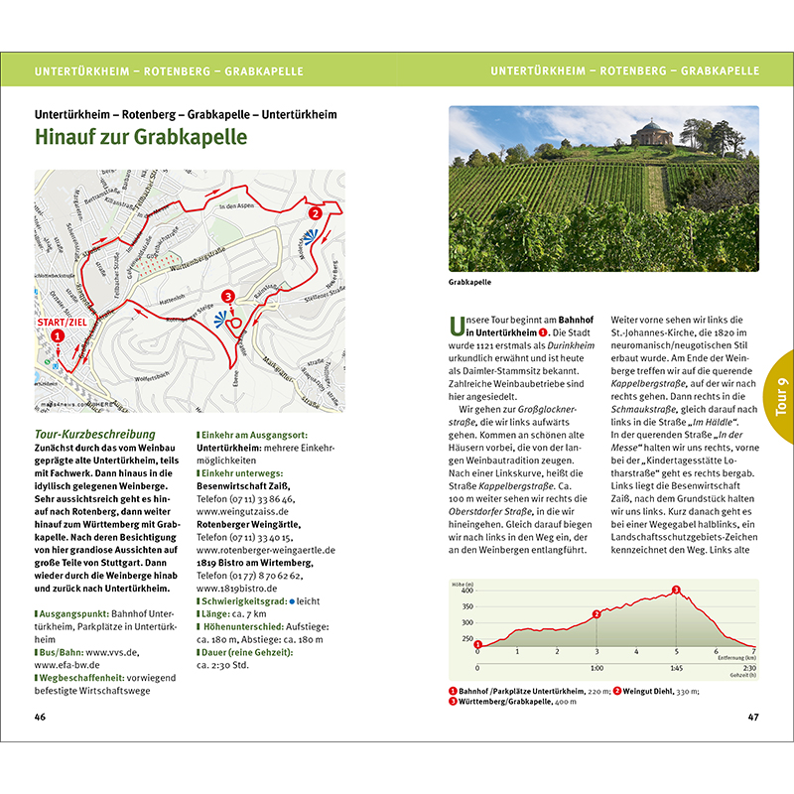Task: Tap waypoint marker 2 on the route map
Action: pyautogui.click(x=315, y=212)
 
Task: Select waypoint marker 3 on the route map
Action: pyautogui.click(x=228, y=296)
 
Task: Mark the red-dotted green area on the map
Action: pyautogui.click(x=151, y=263)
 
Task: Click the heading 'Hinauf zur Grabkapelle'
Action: pyautogui.click(x=141, y=136)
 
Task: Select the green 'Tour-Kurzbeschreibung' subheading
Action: pyautogui.click(x=95, y=434)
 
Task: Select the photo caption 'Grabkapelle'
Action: pyautogui.click(x=471, y=282)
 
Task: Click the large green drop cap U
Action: pyautogui.click(x=458, y=325)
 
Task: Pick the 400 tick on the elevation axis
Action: pyautogui.click(x=466, y=591)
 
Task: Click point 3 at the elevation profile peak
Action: pyautogui.click(x=677, y=591)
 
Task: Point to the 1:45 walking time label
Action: pyautogui.click(x=676, y=668)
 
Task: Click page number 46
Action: pyautogui.click(x=40, y=717)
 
